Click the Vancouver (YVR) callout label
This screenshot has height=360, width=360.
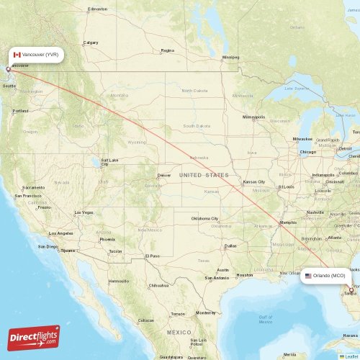point(37,55)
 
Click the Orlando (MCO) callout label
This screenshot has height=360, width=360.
point(328,275)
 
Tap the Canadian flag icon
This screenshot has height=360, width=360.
point(17,55)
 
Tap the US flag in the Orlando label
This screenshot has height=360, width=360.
point(308,275)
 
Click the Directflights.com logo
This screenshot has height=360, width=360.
point(34,338)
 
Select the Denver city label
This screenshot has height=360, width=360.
point(164,175)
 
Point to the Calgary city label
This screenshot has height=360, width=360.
point(91,42)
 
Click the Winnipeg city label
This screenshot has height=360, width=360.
point(230,57)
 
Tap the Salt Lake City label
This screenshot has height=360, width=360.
point(109,162)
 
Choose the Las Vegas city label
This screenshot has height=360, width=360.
point(84,212)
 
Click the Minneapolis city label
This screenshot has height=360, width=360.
point(254,117)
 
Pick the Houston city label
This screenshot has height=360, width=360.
point(245,275)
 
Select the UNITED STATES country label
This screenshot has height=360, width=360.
point(204,175)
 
